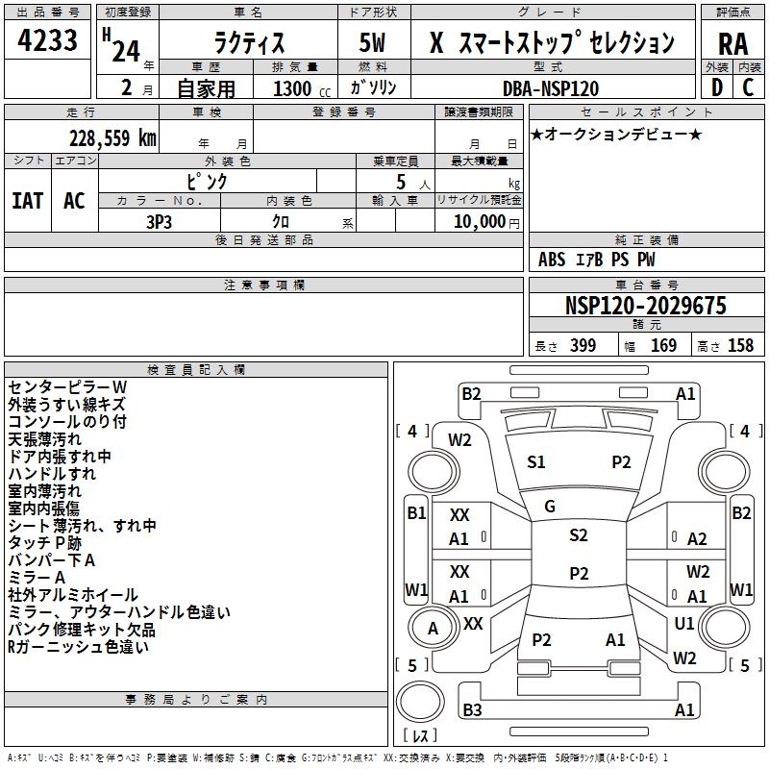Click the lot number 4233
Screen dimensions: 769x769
pos(47,43)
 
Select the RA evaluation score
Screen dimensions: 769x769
pos(732,43)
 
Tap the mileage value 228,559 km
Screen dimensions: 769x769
pos(112,137)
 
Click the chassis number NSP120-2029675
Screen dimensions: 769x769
pos(645,307)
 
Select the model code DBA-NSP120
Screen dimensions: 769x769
pos(551,88)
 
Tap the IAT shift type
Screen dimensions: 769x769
pos(28,201)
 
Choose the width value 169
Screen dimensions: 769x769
pos(663,345)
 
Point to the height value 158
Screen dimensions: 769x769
pos(740,345)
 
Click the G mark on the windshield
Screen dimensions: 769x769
pos(550,507)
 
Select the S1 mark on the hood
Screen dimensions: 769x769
pos(536,462)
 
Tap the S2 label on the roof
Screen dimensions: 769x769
pos(578,535)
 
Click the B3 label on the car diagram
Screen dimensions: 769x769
pos(472,710)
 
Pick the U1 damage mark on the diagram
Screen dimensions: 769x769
pos(684,624)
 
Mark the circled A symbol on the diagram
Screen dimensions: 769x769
pos(433,629)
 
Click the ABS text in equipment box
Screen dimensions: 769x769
pos(552,260)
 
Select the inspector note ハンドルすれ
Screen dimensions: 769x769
pos(52,474)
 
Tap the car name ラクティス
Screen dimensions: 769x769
pos(247,43)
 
